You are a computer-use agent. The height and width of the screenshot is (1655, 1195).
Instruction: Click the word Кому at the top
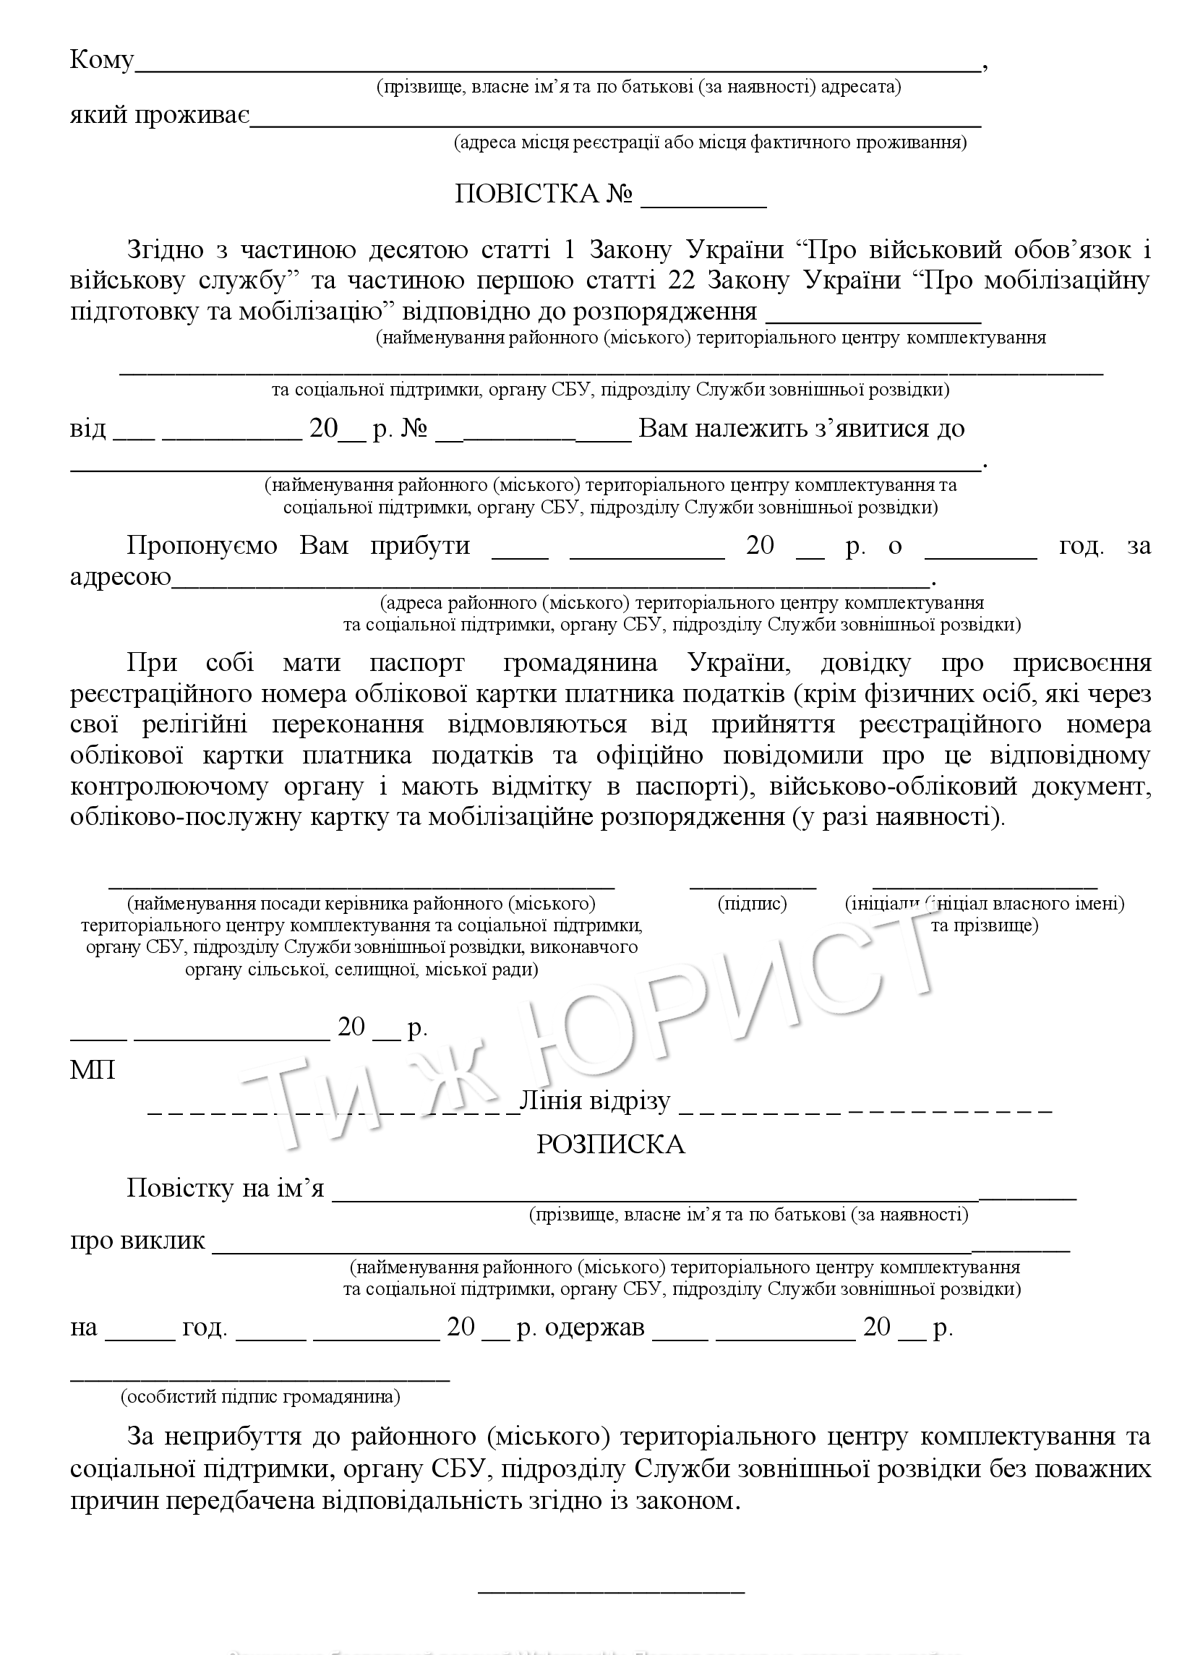tap(101, 60)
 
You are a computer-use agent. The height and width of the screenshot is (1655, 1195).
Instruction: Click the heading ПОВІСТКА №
tap(544, 194)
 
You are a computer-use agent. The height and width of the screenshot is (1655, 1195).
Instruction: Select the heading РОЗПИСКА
tap(611, 1145)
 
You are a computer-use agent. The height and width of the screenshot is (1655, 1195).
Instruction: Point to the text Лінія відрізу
tap(594, 1101)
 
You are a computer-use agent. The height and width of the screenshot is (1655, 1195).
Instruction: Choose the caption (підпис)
tap(752, 904)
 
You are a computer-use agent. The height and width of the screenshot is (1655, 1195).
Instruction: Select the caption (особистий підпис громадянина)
tap(260, 1397)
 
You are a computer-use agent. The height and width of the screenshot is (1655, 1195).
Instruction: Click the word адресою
tap(121, 577)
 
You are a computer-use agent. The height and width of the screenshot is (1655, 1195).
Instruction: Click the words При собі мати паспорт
tap(295, 662)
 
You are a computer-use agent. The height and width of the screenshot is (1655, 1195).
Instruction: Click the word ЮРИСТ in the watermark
tap(729, 1000)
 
